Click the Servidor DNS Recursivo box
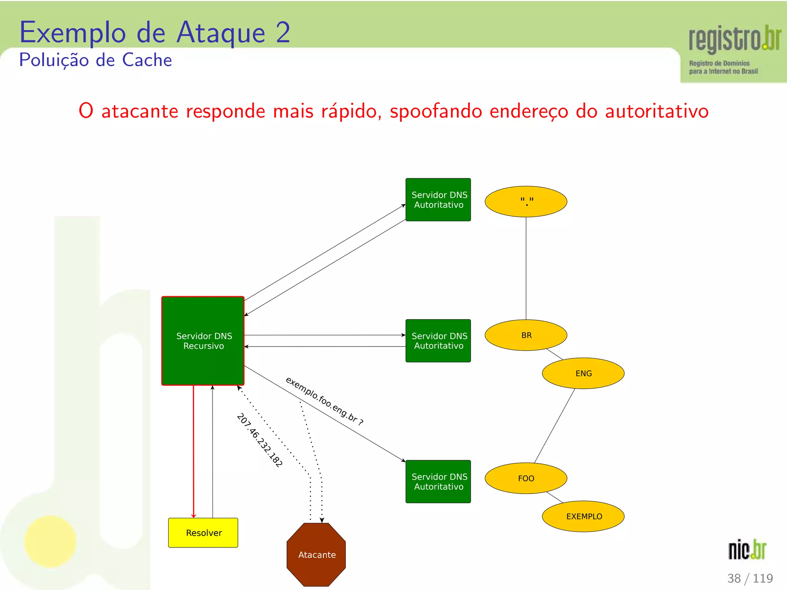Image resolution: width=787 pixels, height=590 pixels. pos(203,341)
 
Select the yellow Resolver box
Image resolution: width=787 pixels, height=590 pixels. pos(203,533)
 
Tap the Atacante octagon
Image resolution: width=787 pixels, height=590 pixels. pos(316,554)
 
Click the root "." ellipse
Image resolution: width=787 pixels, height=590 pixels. pos(526,202)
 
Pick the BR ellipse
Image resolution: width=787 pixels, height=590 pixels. pos(526,335)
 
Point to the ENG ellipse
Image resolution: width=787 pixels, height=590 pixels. pos(583,373)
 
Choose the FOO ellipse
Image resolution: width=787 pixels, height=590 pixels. pos(526,478)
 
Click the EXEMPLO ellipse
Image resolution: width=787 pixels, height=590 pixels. pos(583,516)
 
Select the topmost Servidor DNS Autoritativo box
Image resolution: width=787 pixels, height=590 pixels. pos(438,200)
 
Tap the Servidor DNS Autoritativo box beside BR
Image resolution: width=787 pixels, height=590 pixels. pos(438,341)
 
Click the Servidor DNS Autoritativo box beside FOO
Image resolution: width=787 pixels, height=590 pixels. pos(438,481)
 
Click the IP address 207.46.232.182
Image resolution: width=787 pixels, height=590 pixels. pos(260,440)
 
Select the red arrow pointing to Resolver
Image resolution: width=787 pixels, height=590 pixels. pos(194,451)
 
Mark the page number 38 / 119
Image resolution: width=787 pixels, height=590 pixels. pos(750,578)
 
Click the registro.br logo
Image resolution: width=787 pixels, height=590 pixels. pos(734,48)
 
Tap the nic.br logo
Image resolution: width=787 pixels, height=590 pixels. pos(747,549)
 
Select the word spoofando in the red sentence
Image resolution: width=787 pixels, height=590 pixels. pos(436,111)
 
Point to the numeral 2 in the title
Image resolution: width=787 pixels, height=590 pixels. pos(283,33)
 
